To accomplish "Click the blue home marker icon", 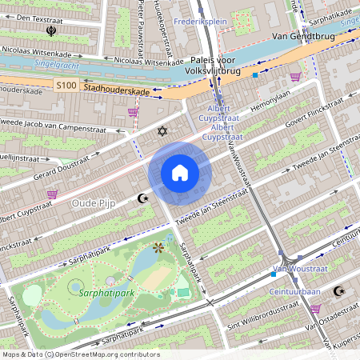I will point(179,173).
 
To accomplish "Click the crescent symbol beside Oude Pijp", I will point(143,198).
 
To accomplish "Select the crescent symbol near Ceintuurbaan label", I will point(338,291).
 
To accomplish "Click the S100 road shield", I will point(67,84).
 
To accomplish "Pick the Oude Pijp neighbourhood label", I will point(94,203).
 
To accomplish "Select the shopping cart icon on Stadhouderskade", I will point(133,112).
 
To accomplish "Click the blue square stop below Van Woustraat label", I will point(274,274).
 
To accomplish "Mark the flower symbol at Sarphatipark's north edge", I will point(158,248).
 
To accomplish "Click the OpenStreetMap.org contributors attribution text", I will point(109,354).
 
